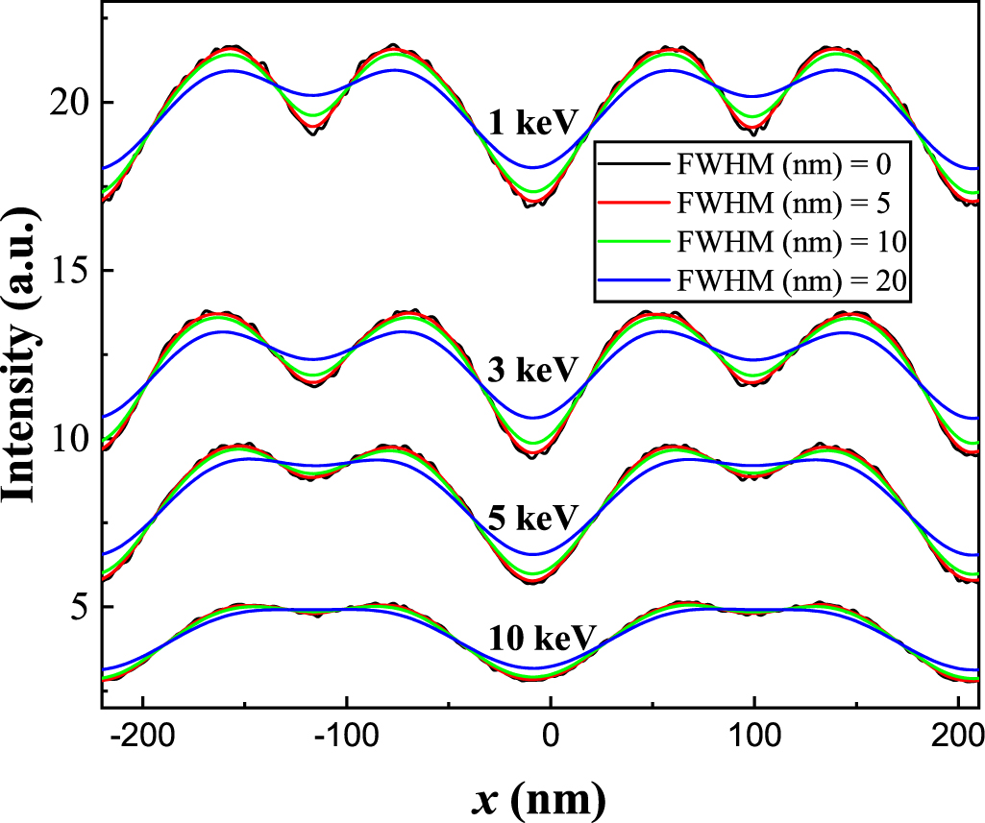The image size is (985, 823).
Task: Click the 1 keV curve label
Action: pos(532,124)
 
